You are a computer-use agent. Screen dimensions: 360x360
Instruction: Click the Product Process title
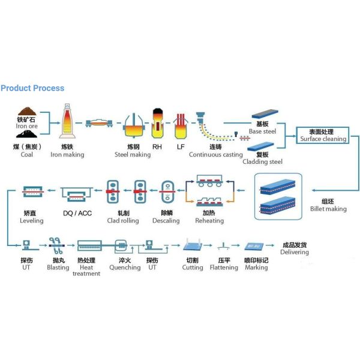(32, 88)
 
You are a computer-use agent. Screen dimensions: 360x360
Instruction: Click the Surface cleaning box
(323, 135)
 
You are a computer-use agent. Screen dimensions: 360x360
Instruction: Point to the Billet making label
(328, 205)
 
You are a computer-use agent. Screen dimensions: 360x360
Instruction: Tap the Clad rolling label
(123, 217)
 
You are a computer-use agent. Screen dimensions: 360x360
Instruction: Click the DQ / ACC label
(76, 213)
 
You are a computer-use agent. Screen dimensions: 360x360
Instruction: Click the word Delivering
(295, 252)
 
